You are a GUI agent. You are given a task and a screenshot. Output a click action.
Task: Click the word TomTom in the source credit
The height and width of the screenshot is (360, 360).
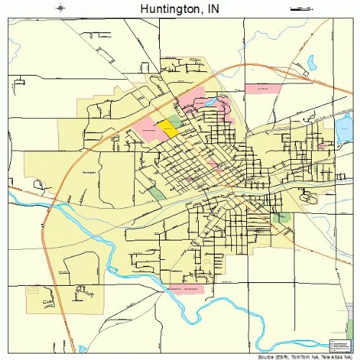(297, 356)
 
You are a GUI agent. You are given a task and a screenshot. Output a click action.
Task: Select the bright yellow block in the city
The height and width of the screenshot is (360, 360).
(167, 129)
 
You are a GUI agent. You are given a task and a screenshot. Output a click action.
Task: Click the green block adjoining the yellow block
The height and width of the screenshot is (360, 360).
(174, 121)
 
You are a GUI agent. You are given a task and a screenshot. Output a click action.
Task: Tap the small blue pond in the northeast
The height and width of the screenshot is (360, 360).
(312, 63)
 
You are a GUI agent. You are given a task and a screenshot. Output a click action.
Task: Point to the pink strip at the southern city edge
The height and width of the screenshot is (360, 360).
(184, 289)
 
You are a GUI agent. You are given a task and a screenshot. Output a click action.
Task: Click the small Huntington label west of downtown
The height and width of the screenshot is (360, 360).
(89, 173)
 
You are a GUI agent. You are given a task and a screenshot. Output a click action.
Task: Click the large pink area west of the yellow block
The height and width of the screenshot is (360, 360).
(146, 130)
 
